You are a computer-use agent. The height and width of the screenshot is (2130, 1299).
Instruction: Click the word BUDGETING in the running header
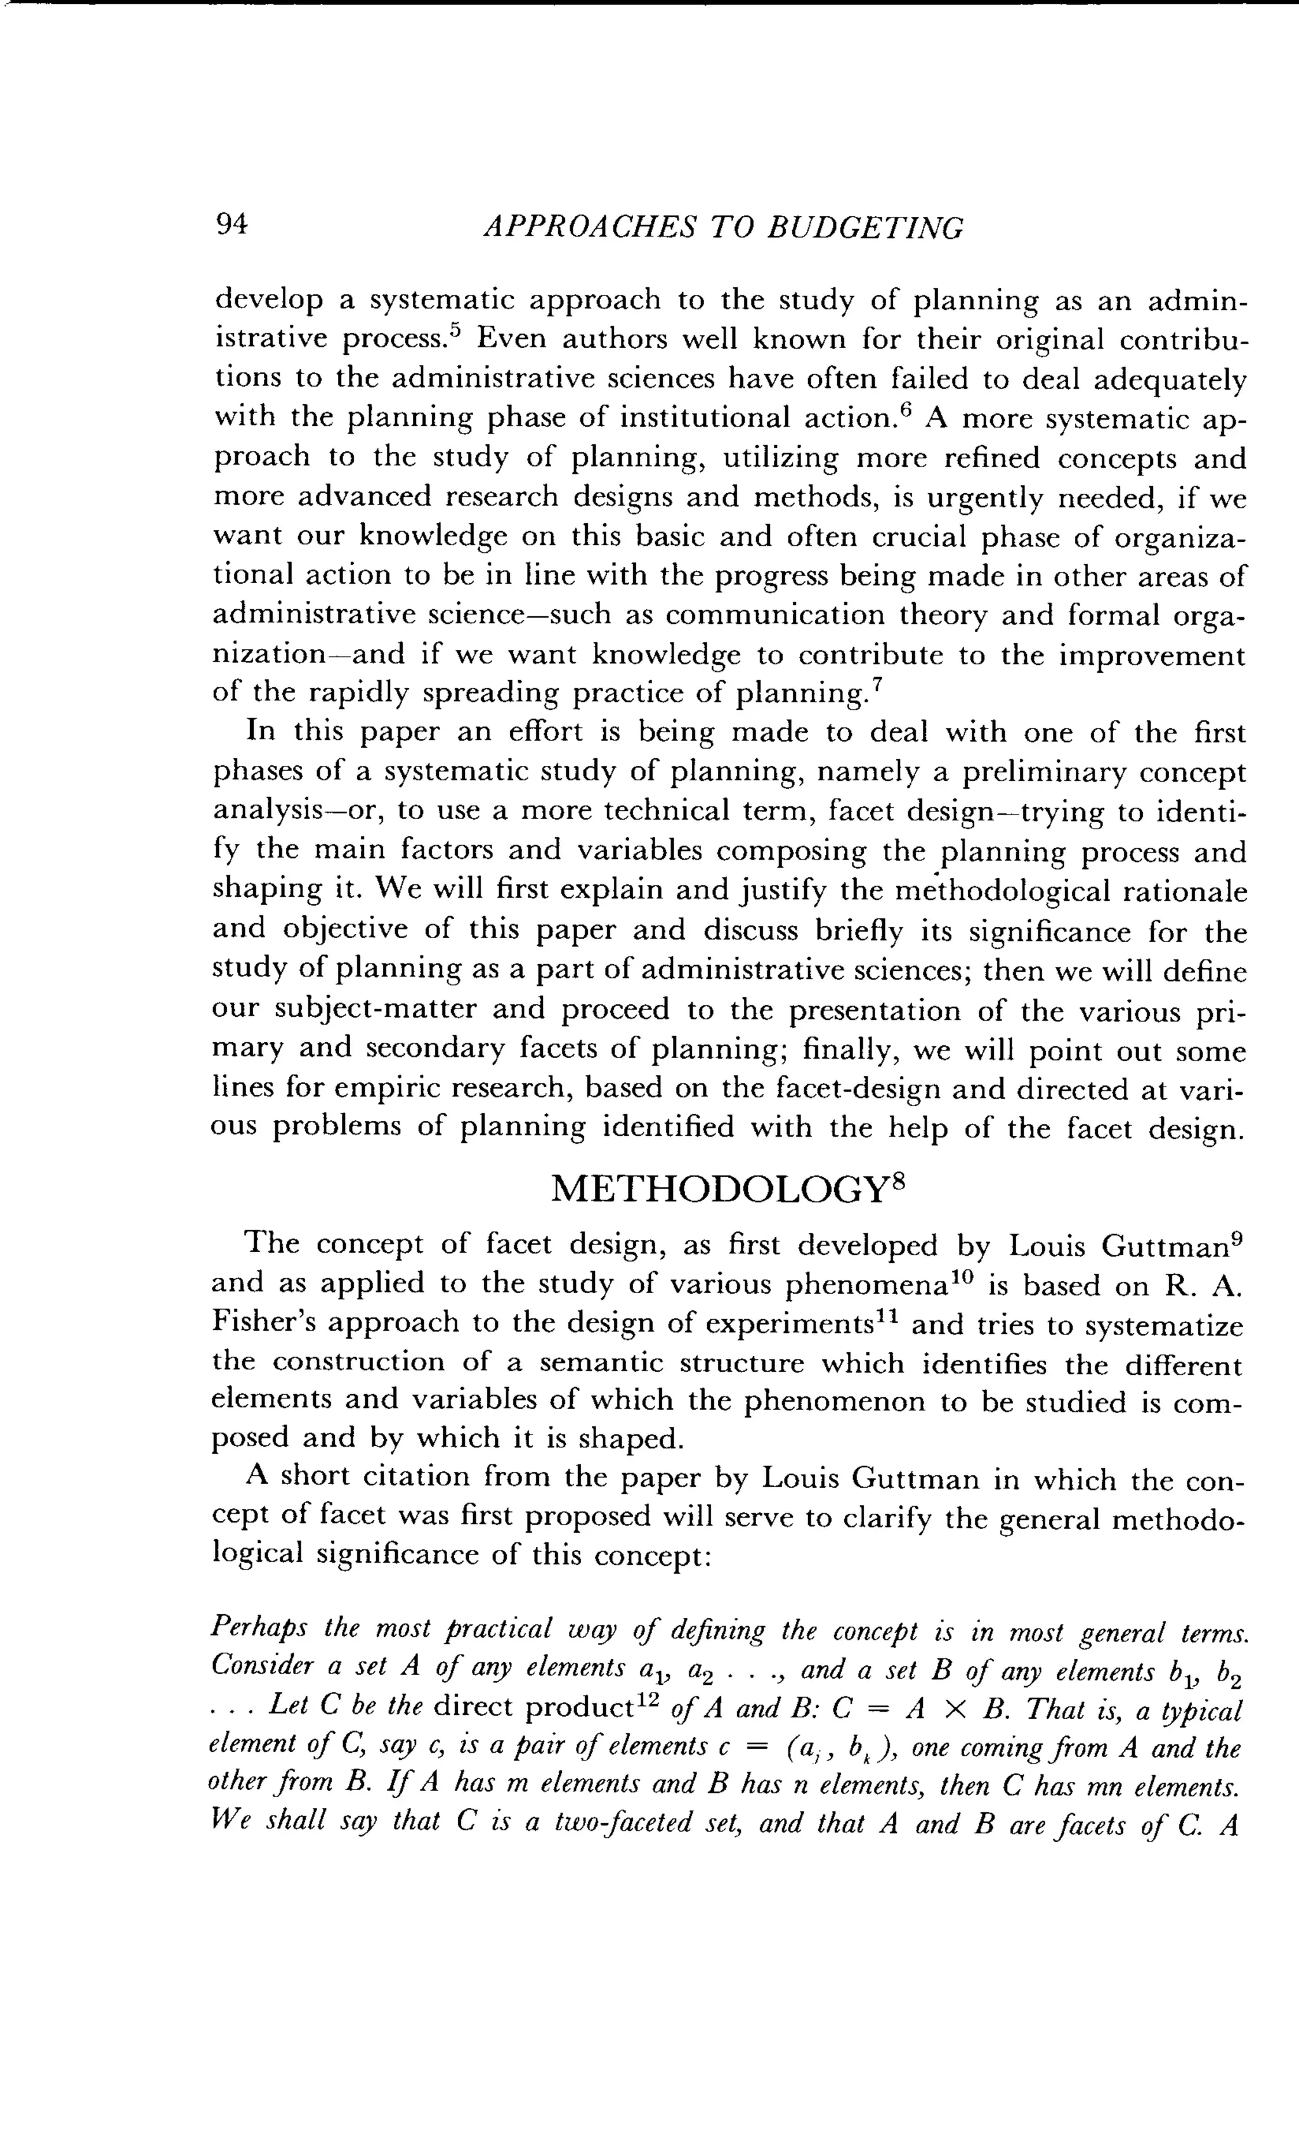[x=866, y=228]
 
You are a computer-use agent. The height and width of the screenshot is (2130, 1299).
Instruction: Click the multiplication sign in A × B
[x=954, y=1711]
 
